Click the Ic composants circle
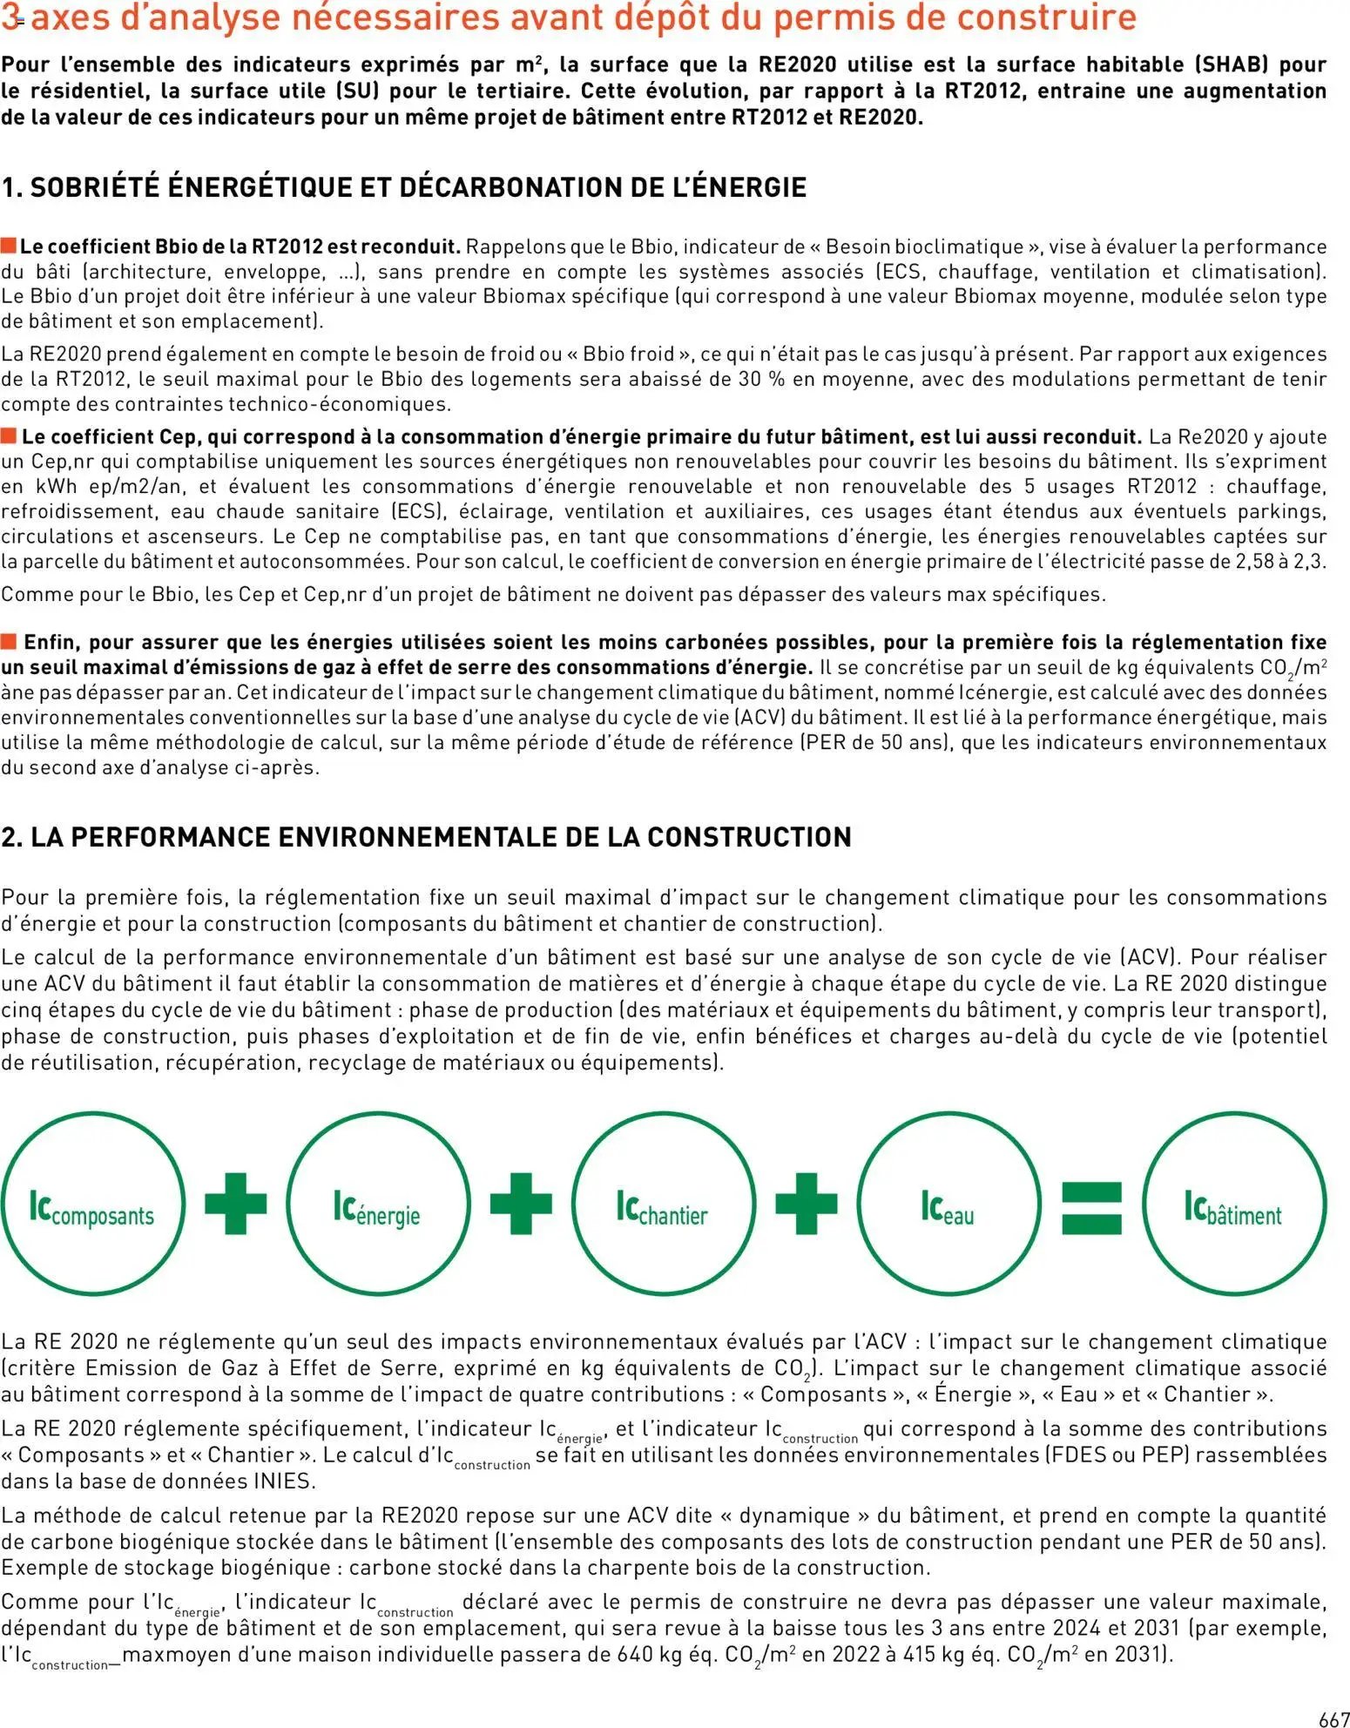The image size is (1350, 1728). click(x=93, y=1204)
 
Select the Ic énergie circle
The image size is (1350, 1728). click(x=378, y=1204)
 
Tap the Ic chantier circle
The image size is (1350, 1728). click(x=663, y=1204)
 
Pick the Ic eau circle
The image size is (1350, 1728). click(x=948, y=1204)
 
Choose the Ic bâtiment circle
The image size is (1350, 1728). click(x=1233, y=1204)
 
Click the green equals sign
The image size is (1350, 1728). click(x=1091, y=1207)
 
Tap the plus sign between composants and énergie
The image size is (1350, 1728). click(x=236, y=1204)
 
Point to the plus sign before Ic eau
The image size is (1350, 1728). click(x=806, y=1204)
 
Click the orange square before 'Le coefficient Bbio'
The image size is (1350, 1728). click(x=9, y=246)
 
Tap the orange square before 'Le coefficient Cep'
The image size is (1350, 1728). click(x=9, y=435)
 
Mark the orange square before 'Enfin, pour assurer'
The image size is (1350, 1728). click(x=9, y=642)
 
